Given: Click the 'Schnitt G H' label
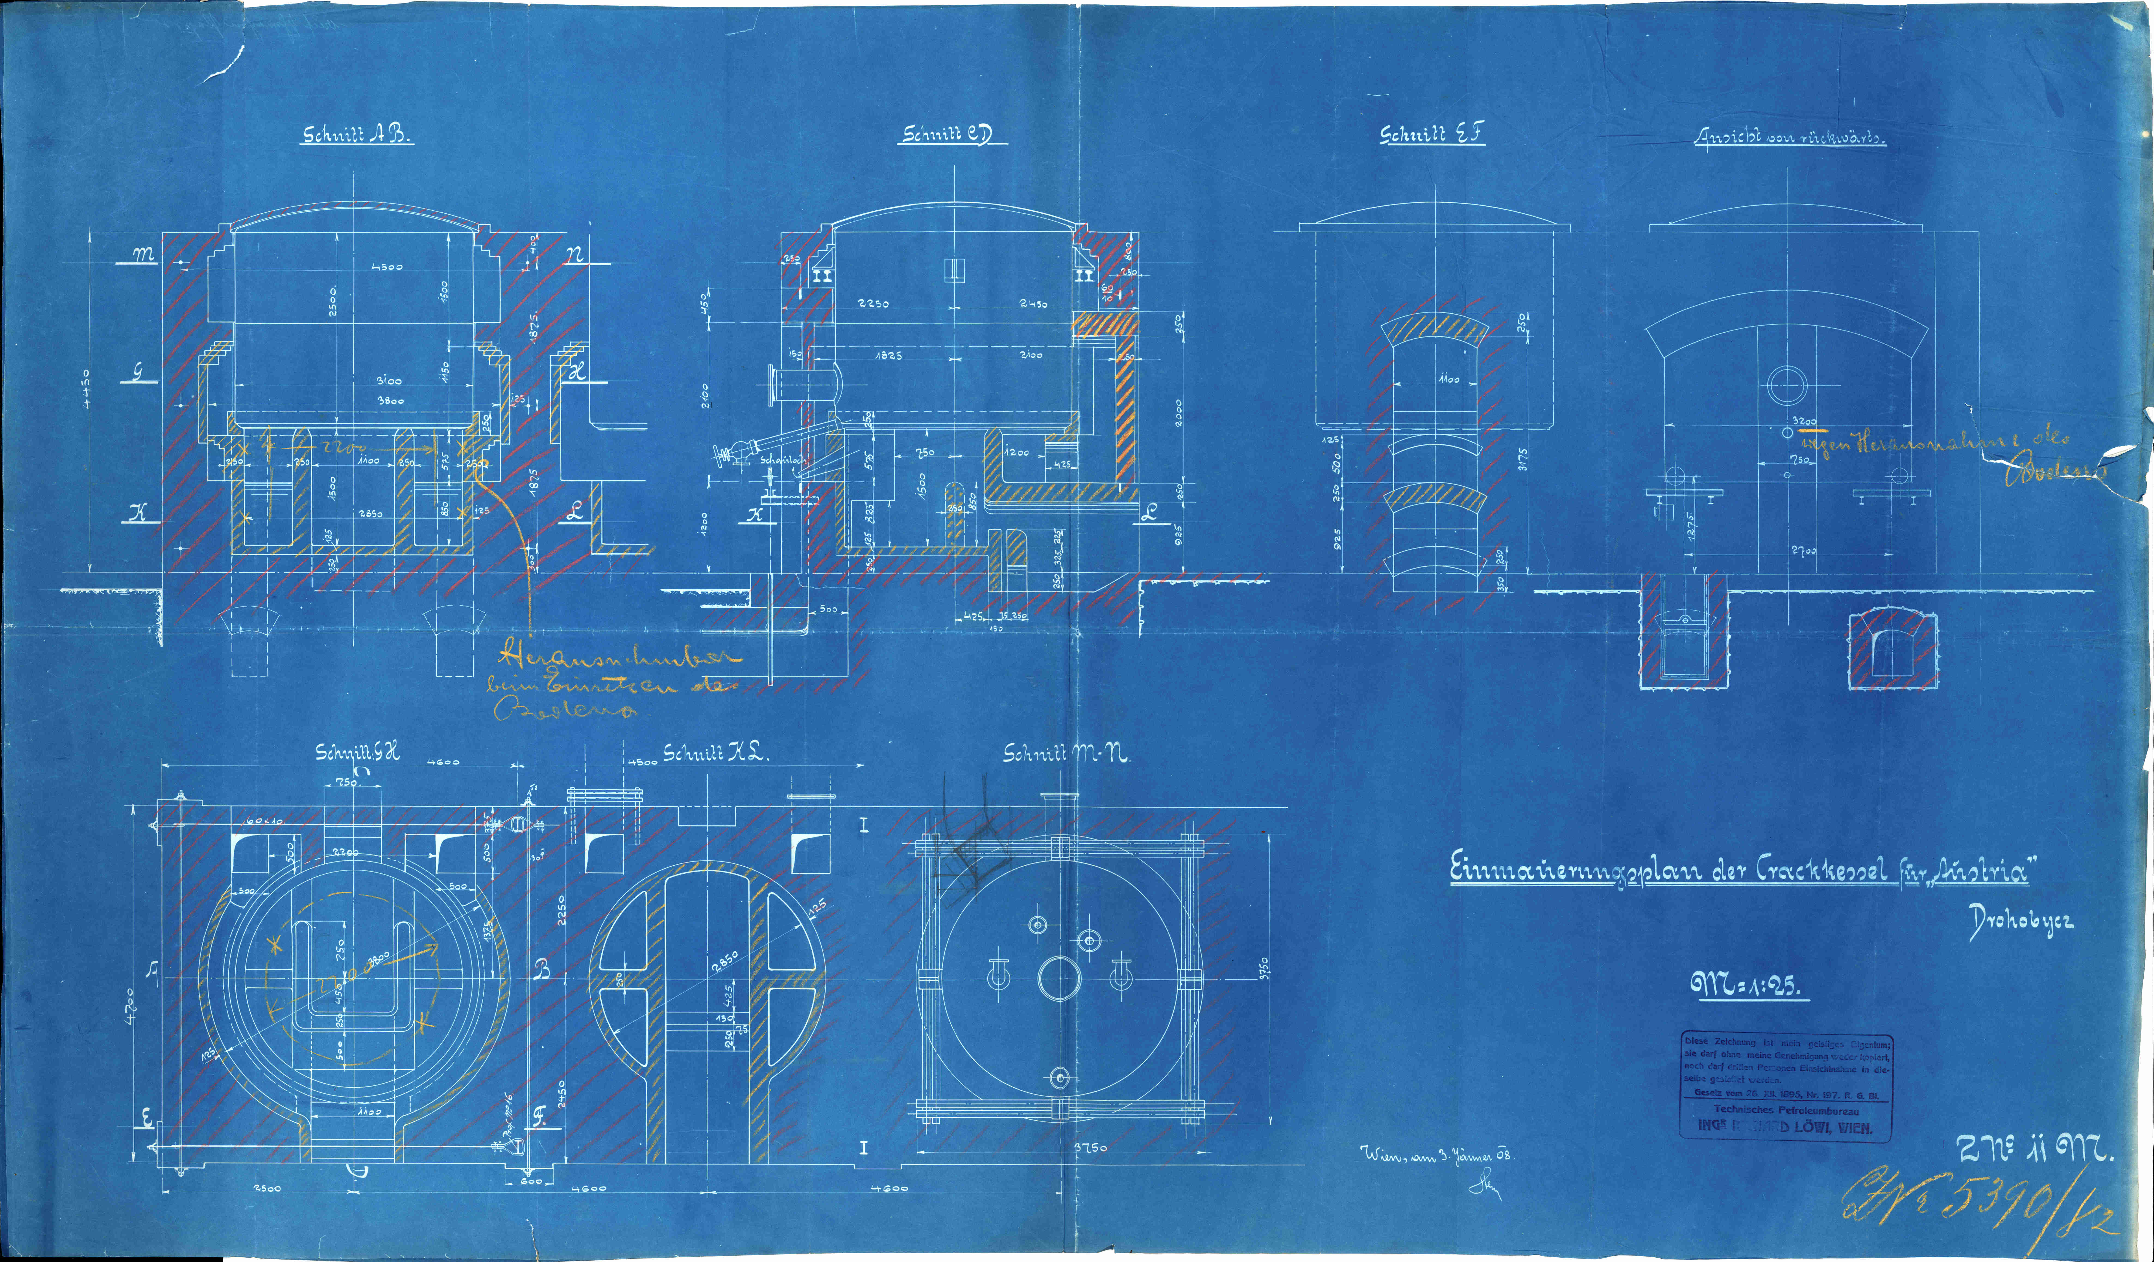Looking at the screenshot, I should coord(357,753).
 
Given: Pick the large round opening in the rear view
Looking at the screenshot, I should coord(1786,385).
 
